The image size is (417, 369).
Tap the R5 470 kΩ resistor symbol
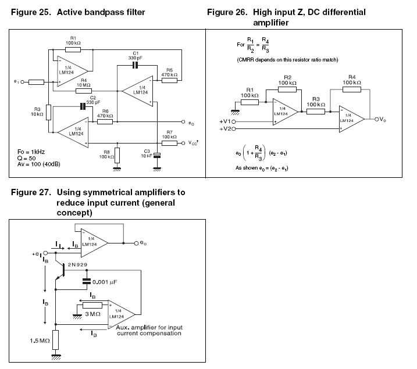[x=169, y=81]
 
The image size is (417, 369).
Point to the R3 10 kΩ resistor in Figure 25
[x=49, y=109]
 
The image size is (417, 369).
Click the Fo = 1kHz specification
[x=29, y=151]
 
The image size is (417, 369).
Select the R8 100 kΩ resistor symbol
[x=117, y=155]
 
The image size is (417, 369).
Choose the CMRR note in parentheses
[x=288, y=60]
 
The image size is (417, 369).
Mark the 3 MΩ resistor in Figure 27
[x=92, y=305]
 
